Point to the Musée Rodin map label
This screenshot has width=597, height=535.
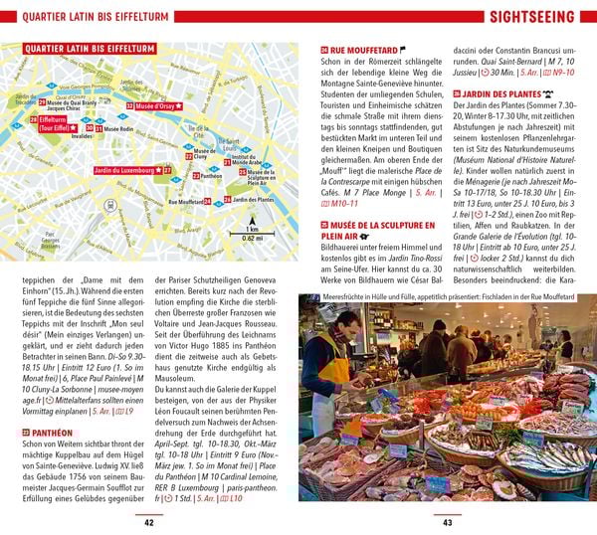coord(118,129)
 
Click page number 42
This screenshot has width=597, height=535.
coord(149,523)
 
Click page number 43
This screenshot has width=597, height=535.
coord(447,523)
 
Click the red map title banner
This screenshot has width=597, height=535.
coord(76,47)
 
